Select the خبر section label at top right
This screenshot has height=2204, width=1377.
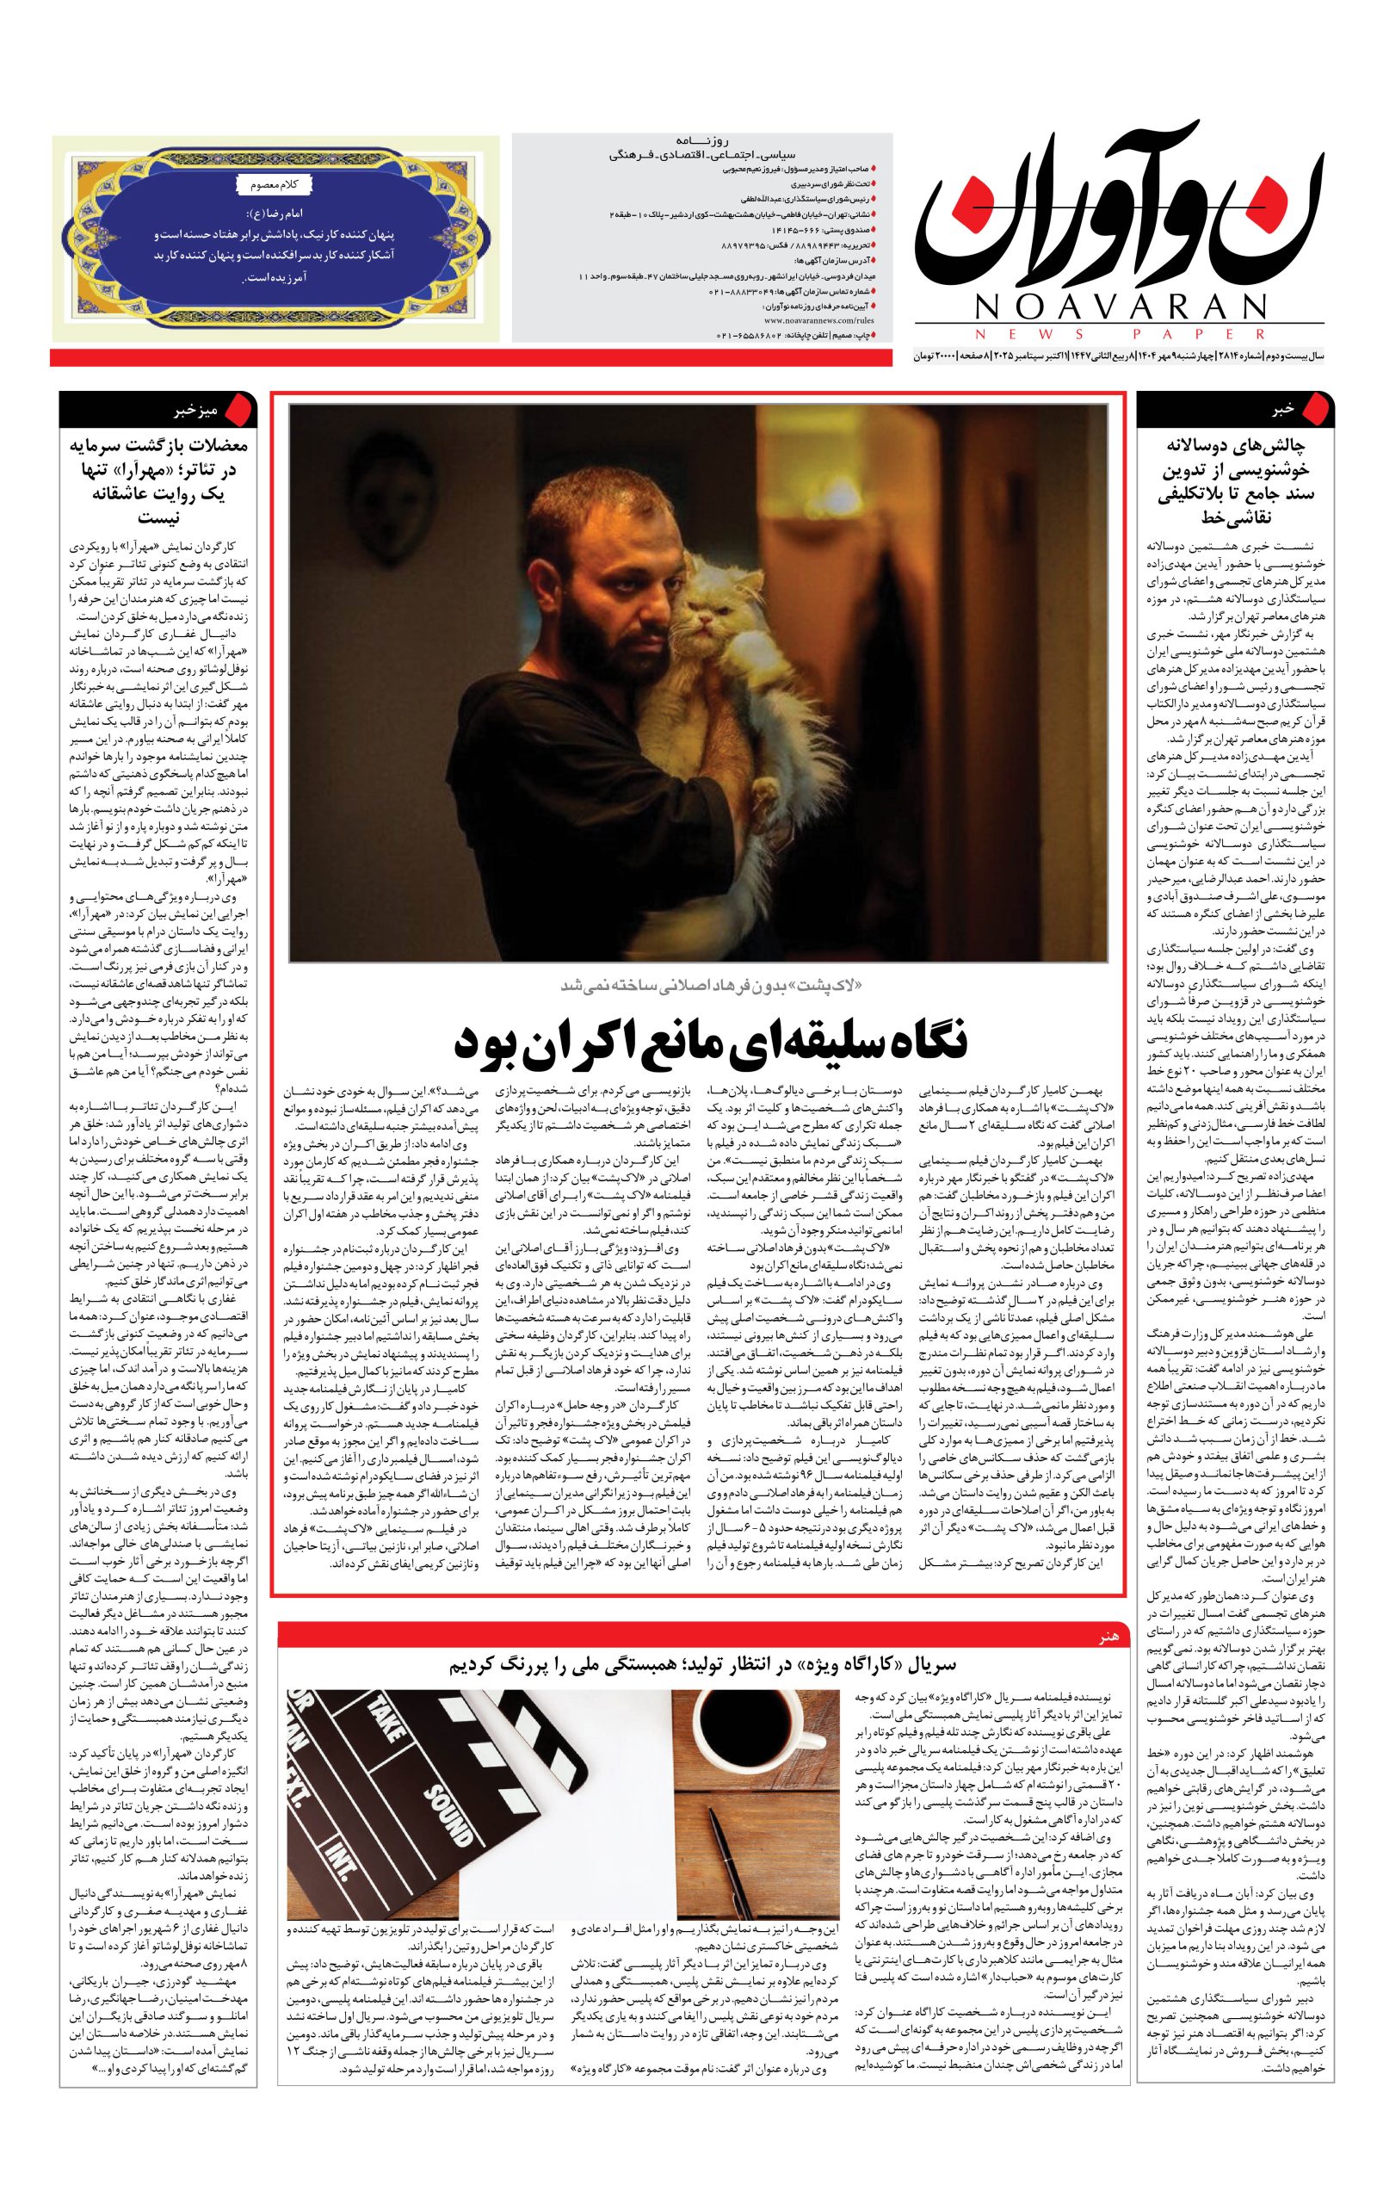(x=1282, y=410)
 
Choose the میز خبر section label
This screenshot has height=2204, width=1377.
(x=197, y=410)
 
